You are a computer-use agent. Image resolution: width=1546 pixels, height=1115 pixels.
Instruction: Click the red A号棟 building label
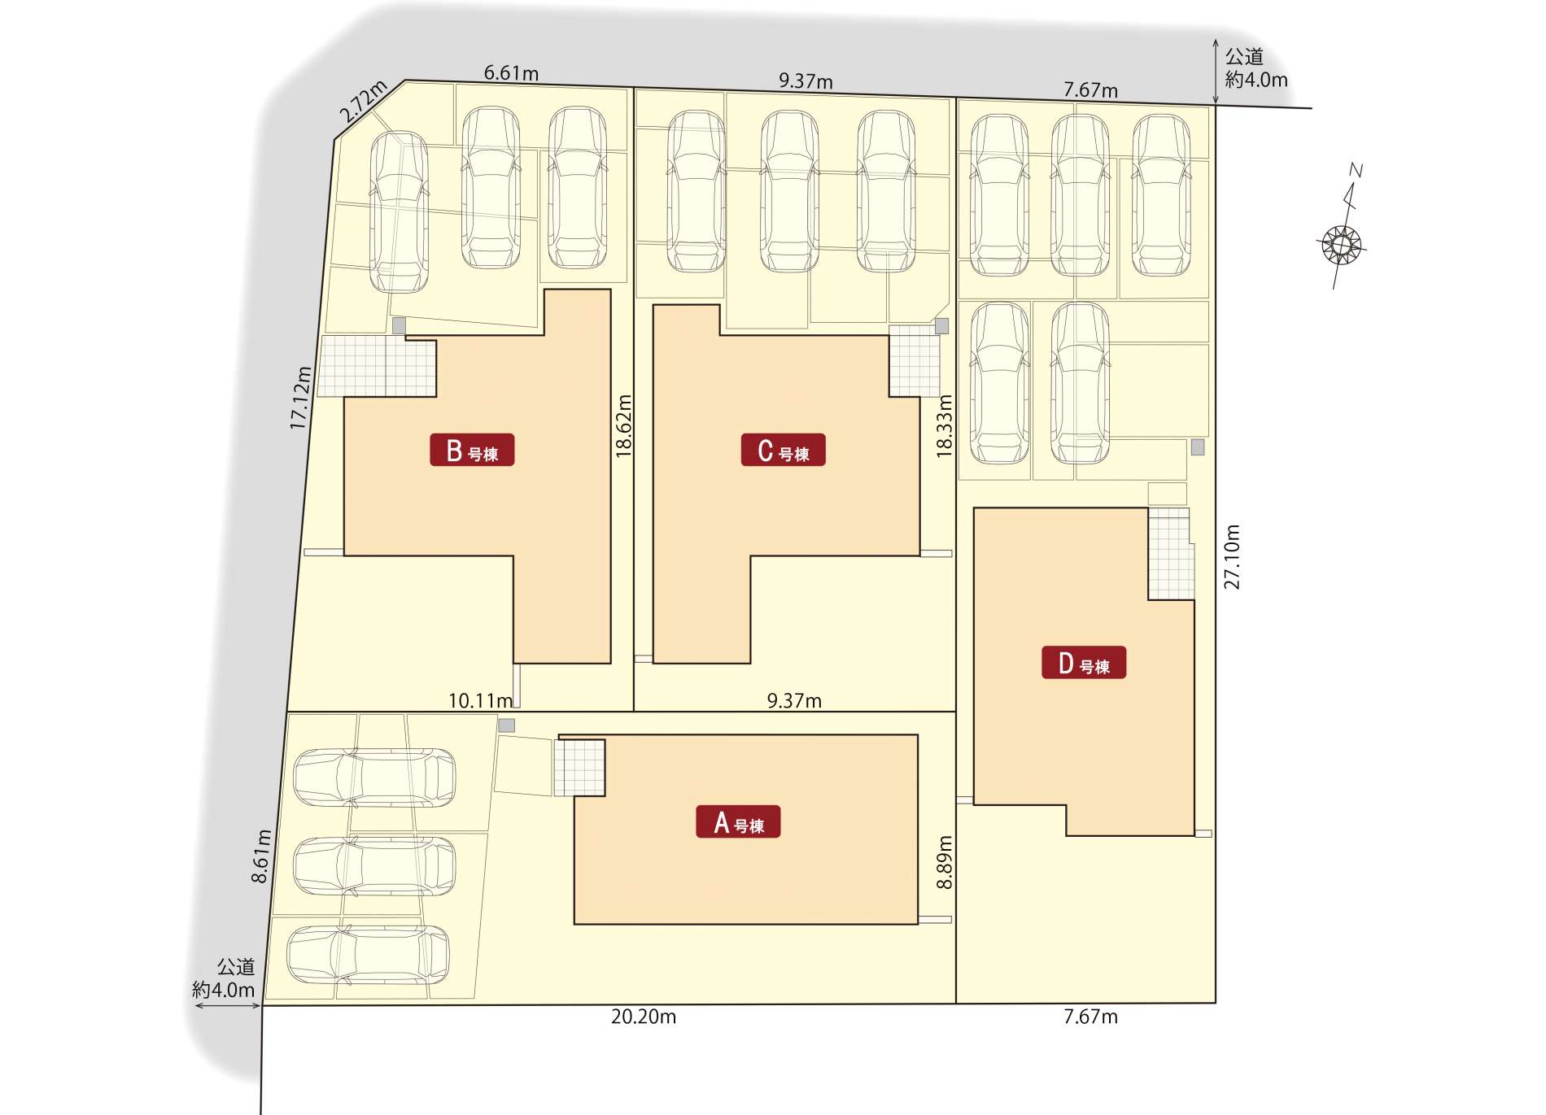[738, 821]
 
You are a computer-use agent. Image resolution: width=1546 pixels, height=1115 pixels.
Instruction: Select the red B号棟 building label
[472, 450]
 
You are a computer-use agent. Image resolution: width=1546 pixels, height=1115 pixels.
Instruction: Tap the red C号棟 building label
[783, 450]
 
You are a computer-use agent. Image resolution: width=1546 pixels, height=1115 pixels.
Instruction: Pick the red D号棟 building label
[1084, 662]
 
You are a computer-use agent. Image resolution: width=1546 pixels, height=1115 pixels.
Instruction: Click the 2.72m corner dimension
[363, 102]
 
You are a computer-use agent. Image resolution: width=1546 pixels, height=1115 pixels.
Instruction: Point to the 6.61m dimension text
[511, 73]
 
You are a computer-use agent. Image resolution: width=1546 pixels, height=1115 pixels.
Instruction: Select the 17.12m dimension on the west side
[300, 398]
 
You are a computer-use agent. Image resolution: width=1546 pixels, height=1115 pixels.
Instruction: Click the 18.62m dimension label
[623, 426]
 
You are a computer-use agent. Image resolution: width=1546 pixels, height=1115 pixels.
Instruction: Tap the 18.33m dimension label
[944, 426]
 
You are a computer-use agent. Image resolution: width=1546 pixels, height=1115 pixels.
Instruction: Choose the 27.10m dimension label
[1232, 557]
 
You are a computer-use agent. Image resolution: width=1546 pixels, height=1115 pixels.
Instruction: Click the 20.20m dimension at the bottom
[644, 1017]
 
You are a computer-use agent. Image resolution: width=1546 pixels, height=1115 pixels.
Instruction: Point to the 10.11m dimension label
[481, 701]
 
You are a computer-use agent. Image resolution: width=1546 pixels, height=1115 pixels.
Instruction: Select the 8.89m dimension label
[944, 862]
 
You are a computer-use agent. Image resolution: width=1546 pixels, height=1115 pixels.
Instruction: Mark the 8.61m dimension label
[260, 856]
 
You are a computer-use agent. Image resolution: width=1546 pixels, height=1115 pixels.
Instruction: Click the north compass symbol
[1343, 236]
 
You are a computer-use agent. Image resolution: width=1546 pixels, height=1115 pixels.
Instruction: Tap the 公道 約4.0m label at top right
[1256, 68]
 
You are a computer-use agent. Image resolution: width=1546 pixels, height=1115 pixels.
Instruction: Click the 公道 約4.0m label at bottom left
[224, 978]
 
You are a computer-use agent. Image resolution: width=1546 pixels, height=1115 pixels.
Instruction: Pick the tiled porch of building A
[579, 768]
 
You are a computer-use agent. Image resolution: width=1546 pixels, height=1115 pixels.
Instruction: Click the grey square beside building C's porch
[941, 326]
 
